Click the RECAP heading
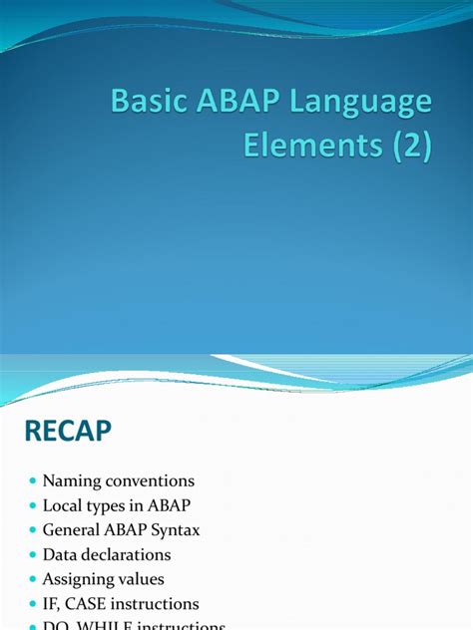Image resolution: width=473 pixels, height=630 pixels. tap(68, 431)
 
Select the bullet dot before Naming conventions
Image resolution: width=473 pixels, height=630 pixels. tap(33, 481)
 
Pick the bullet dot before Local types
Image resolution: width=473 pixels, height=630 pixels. tap(33, 506)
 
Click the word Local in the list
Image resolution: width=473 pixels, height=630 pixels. tap(63, 505)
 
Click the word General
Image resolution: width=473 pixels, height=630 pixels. tap(72, 529)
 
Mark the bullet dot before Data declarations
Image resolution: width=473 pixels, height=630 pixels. tap(33, 555)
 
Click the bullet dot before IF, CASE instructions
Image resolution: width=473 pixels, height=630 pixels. tap(33, 604)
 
